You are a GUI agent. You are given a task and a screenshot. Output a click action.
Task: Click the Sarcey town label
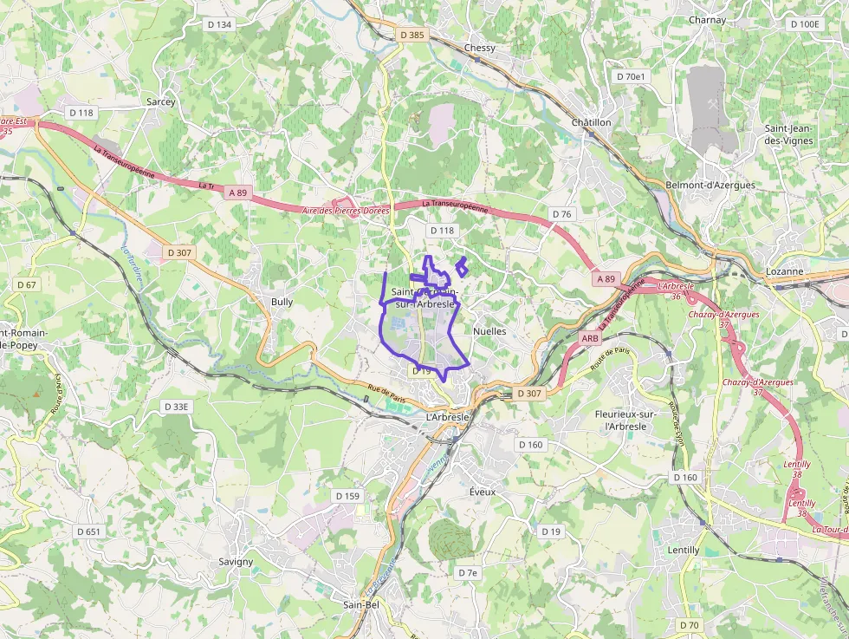pos(160,101)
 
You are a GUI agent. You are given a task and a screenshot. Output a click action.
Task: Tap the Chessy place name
pos(480,48)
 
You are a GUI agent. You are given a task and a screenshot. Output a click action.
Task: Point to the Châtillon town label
pos(591,122)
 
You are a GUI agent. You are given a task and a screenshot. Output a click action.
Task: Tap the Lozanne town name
pos(785,271)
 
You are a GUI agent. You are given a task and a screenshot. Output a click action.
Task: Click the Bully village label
pos(282,302)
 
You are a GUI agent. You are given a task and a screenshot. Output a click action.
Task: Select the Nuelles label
pos(489,331)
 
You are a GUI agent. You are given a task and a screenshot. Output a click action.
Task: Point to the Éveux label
pos(482,492)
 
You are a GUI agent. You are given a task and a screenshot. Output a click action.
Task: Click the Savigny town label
pos(236,561)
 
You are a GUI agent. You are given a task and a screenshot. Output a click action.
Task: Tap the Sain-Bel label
pos(361,604)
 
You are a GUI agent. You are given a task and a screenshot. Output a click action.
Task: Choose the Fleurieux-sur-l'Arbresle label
pos(621,420)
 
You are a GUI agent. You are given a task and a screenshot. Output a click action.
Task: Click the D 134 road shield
pos(220,24)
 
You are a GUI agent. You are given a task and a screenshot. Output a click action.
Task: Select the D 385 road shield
pos(412,35)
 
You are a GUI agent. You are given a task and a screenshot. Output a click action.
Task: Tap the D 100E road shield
pos(805,24)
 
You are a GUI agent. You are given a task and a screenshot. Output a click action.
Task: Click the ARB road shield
pos(590,338)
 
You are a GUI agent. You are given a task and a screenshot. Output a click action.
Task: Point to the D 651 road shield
pos(88,531)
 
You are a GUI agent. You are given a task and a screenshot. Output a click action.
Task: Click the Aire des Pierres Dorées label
pos(346,211)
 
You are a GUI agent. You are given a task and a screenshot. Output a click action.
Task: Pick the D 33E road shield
pos(176,406)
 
